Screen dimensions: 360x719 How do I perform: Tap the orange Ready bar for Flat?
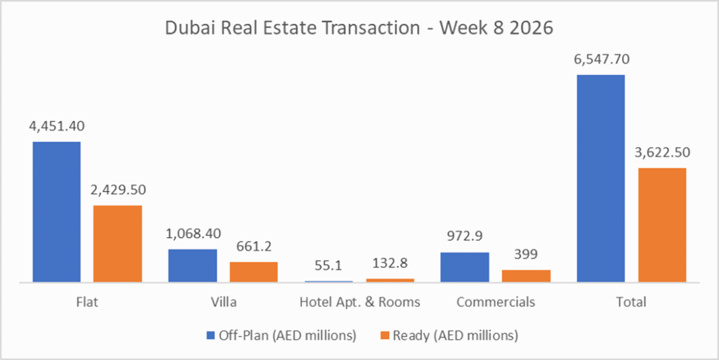click(118, 244)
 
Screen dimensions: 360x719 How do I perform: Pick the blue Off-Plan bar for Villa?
click(192, 265)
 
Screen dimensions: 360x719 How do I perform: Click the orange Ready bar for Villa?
click(253, 272)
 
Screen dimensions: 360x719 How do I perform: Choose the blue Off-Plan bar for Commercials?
click(465, 267)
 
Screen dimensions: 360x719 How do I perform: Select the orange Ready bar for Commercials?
click(526, 276)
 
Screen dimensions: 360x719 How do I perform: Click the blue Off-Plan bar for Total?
click(600, 178)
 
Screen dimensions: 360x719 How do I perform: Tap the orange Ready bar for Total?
click(662, 225)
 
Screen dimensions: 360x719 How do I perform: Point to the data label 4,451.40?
click(56, 126)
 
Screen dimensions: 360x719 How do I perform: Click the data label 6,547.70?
click(600, 60)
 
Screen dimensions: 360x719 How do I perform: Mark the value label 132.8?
click(390, 263)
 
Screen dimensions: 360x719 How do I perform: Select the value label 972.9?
click(465, 237)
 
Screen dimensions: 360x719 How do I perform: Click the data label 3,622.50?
click(662, 153)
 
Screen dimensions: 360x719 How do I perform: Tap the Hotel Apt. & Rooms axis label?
click(359, 302)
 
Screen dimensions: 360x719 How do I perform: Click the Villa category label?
click(223, 302)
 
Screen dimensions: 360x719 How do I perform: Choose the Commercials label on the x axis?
click(495, 302)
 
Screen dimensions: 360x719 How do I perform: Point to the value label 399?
click(526, 255)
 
